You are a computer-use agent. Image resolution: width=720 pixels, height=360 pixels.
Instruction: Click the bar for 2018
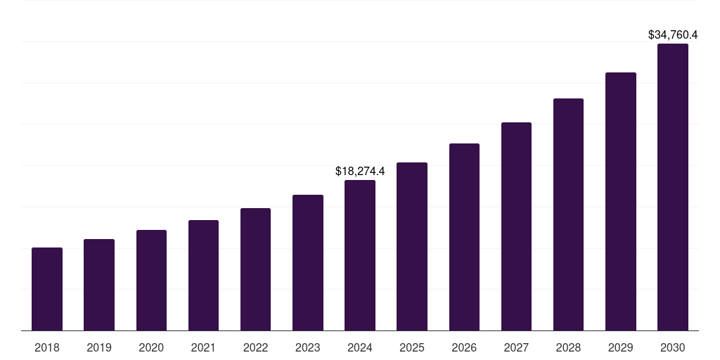(47, 289)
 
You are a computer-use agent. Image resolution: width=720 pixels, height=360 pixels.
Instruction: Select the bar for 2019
(99, 285)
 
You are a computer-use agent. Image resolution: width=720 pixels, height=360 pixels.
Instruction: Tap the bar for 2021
(203, 275)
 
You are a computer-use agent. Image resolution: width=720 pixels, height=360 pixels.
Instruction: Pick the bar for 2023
(308, 262)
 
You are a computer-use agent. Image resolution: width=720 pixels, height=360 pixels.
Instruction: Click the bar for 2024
(360, 255)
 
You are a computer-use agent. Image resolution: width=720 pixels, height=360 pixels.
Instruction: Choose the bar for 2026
(464, 237)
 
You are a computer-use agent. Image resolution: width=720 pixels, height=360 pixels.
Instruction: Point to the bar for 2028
(568, 214)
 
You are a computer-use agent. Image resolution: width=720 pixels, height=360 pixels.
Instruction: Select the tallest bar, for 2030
(673, 187)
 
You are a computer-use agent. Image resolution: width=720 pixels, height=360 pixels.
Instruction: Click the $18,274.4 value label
(360, 171)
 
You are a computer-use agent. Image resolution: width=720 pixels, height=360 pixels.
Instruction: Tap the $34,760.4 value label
(673, 34)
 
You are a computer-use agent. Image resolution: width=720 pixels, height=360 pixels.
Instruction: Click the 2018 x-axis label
(47, 347)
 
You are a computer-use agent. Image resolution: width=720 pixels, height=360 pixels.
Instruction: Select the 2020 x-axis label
(151, 347)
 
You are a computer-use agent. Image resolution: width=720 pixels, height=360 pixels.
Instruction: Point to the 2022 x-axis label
(255, 347)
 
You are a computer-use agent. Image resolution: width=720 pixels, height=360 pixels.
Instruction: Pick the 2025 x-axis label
(412, 347)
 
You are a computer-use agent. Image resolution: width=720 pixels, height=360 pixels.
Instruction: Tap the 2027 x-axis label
(516, 347)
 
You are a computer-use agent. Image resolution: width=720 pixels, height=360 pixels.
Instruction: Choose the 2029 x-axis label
(620, 347)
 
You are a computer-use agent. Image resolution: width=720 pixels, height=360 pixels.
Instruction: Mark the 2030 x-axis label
(673, 347)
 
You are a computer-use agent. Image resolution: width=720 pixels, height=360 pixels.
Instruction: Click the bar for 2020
(151, 280)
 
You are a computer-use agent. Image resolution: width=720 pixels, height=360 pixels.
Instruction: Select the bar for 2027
(516, 226)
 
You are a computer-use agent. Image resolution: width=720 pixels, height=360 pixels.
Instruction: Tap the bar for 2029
(620, 201)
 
